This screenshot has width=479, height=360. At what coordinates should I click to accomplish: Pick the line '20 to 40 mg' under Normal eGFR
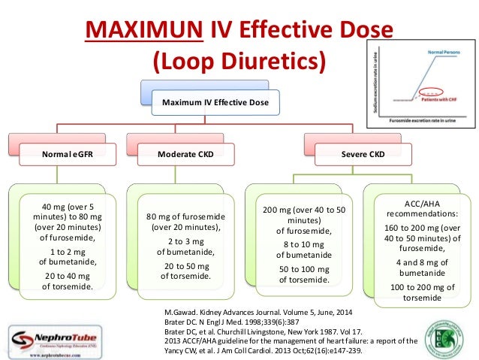tap(64, 274)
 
